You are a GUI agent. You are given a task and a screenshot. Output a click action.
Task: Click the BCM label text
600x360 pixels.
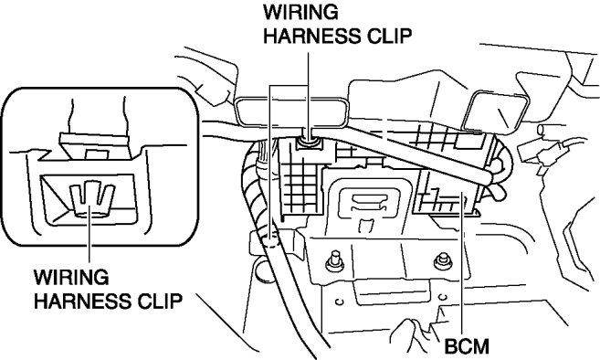coord(467,346)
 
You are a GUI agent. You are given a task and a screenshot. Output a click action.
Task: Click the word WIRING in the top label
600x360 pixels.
coord(300,12)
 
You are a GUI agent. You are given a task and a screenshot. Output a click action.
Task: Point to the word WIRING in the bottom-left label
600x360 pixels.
coord(71,277)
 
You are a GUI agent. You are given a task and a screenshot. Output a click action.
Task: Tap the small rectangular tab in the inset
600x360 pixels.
coord(97,154)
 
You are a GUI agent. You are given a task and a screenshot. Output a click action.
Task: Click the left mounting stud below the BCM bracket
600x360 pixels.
coord(335,261)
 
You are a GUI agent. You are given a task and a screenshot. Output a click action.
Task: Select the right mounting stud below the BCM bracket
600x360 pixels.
coord(443,260)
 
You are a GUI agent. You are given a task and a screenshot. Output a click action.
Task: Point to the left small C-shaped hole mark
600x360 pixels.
coord(339,302)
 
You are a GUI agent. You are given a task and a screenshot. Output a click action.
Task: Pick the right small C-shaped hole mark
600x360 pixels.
coord(443,297)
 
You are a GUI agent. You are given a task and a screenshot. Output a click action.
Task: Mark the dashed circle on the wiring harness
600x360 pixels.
coord(271,242)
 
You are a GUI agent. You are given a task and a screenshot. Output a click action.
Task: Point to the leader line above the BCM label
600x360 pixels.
coord(464,264)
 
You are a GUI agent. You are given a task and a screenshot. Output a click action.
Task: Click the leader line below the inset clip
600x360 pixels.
coord(89,235)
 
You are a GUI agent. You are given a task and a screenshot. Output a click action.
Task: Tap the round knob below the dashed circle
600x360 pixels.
coord(264,270)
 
